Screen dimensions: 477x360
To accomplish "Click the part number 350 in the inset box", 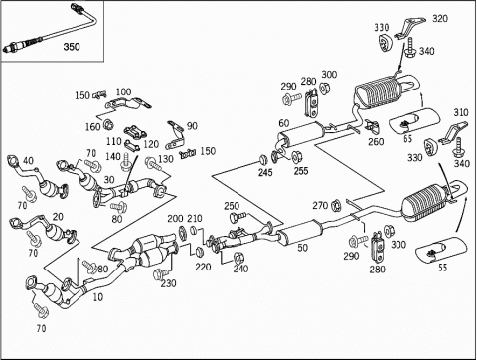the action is (72, 47).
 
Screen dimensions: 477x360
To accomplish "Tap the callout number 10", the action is (98, 297).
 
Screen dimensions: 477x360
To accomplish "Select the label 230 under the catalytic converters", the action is (169, 283).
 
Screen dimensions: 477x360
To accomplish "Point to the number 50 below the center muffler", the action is (303, 248).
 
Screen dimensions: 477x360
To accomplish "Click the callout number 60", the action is (284, 123).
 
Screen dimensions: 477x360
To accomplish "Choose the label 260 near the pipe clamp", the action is (376, 142).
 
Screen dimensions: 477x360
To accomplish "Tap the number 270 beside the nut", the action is (320, 206).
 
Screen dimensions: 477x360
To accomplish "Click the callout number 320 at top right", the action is (440, 18).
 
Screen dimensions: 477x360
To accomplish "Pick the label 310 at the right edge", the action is (461, 112).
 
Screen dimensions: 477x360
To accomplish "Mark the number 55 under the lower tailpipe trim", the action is (443, 268).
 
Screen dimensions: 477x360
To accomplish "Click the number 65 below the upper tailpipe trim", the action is (407, 138).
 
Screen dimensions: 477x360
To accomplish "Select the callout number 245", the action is (265, 172).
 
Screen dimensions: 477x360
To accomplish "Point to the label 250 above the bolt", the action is (232, 206).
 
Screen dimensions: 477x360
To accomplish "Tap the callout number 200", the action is (175, 218).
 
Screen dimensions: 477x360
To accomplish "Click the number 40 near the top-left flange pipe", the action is (28, 161).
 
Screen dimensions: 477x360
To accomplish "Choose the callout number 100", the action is (123, 91).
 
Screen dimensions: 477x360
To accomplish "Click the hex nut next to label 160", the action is (108, 125).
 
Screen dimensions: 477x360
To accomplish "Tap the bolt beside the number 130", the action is (153, 163).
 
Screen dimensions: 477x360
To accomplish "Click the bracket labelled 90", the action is (175, 136).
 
